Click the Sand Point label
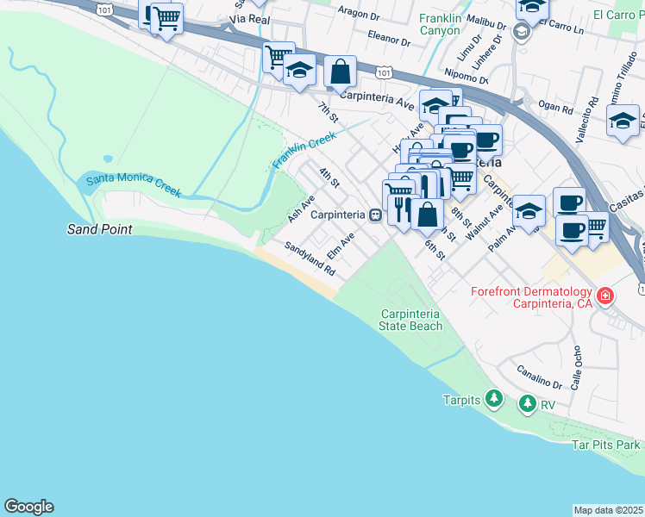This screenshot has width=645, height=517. (x=100, y=229)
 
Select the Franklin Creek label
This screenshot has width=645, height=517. (x=304, y=151)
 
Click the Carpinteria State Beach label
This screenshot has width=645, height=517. (x=411, y=321)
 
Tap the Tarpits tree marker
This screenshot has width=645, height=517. (x=494, y=399)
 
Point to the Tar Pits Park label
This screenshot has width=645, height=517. (x=607, y=445)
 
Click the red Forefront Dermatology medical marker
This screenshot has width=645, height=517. (x=605, y=296)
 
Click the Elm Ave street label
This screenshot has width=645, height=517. (x=341, y=244)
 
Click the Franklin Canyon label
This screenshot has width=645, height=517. (x=440, y=24)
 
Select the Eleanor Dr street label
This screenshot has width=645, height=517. (x=388, y=39)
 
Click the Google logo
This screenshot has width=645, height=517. (x=28, y=507)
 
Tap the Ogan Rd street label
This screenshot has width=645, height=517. (x=556, y=109)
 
